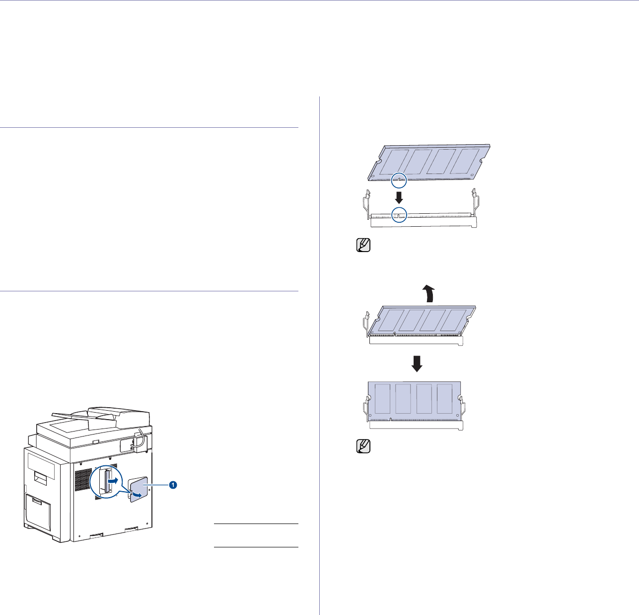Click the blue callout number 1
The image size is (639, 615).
(172, 484)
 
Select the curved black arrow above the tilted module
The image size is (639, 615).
(427, 294)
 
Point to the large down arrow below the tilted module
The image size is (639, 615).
(417, 363)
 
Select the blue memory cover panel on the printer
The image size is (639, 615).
(140, 487)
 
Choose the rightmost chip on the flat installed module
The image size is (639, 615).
(445, 398)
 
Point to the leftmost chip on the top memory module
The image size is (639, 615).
(393, 162)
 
